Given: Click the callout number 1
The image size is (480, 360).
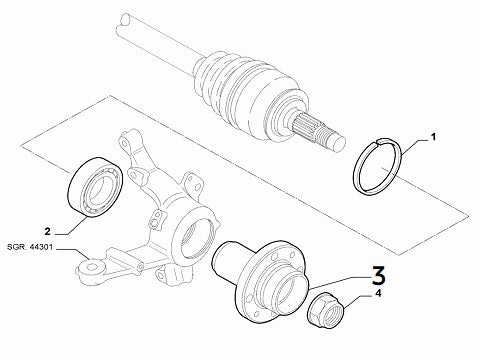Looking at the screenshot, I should [433, 134].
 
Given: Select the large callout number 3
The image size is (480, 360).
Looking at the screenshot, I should [377, 271].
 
